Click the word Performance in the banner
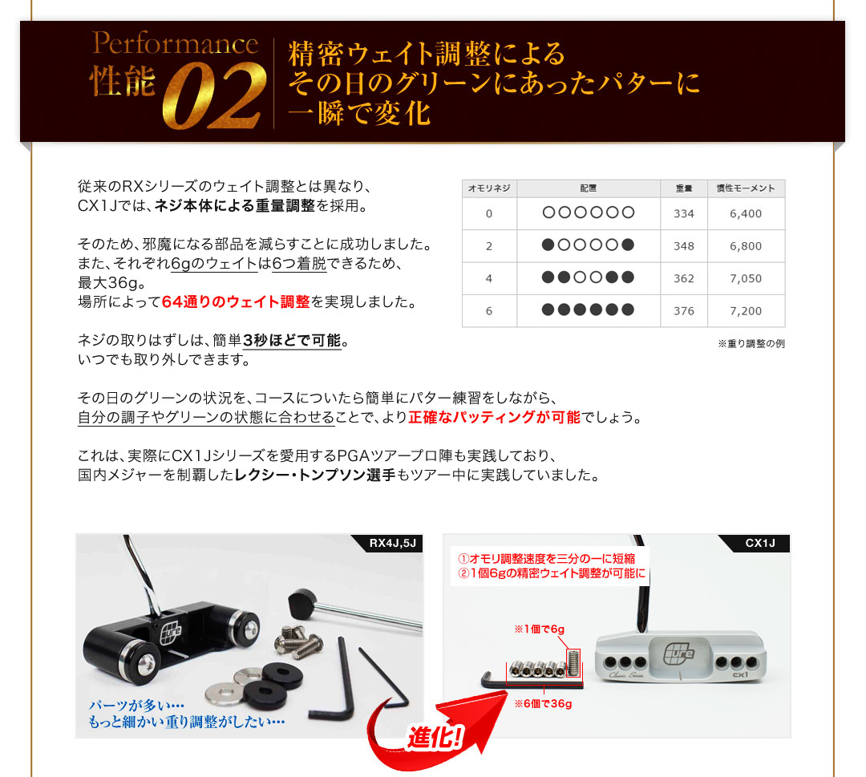point(175,43)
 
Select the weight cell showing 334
point(684,214)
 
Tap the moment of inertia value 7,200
point(746,311)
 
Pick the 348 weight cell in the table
point(684,245)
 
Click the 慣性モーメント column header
point(746,188)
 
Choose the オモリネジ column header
point(489,188)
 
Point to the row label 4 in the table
point(489,278)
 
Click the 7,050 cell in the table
point(746,278)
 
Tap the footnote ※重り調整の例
point(751,343)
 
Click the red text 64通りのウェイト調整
point(236,302)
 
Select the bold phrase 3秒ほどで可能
point(292,341)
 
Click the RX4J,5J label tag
point(393,543)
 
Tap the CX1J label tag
point(760,543)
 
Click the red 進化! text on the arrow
point(435,736)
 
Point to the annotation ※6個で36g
point(543,703)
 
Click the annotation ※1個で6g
point(539,629)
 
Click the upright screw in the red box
point(573,662)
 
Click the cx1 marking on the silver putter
point(740,675)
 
